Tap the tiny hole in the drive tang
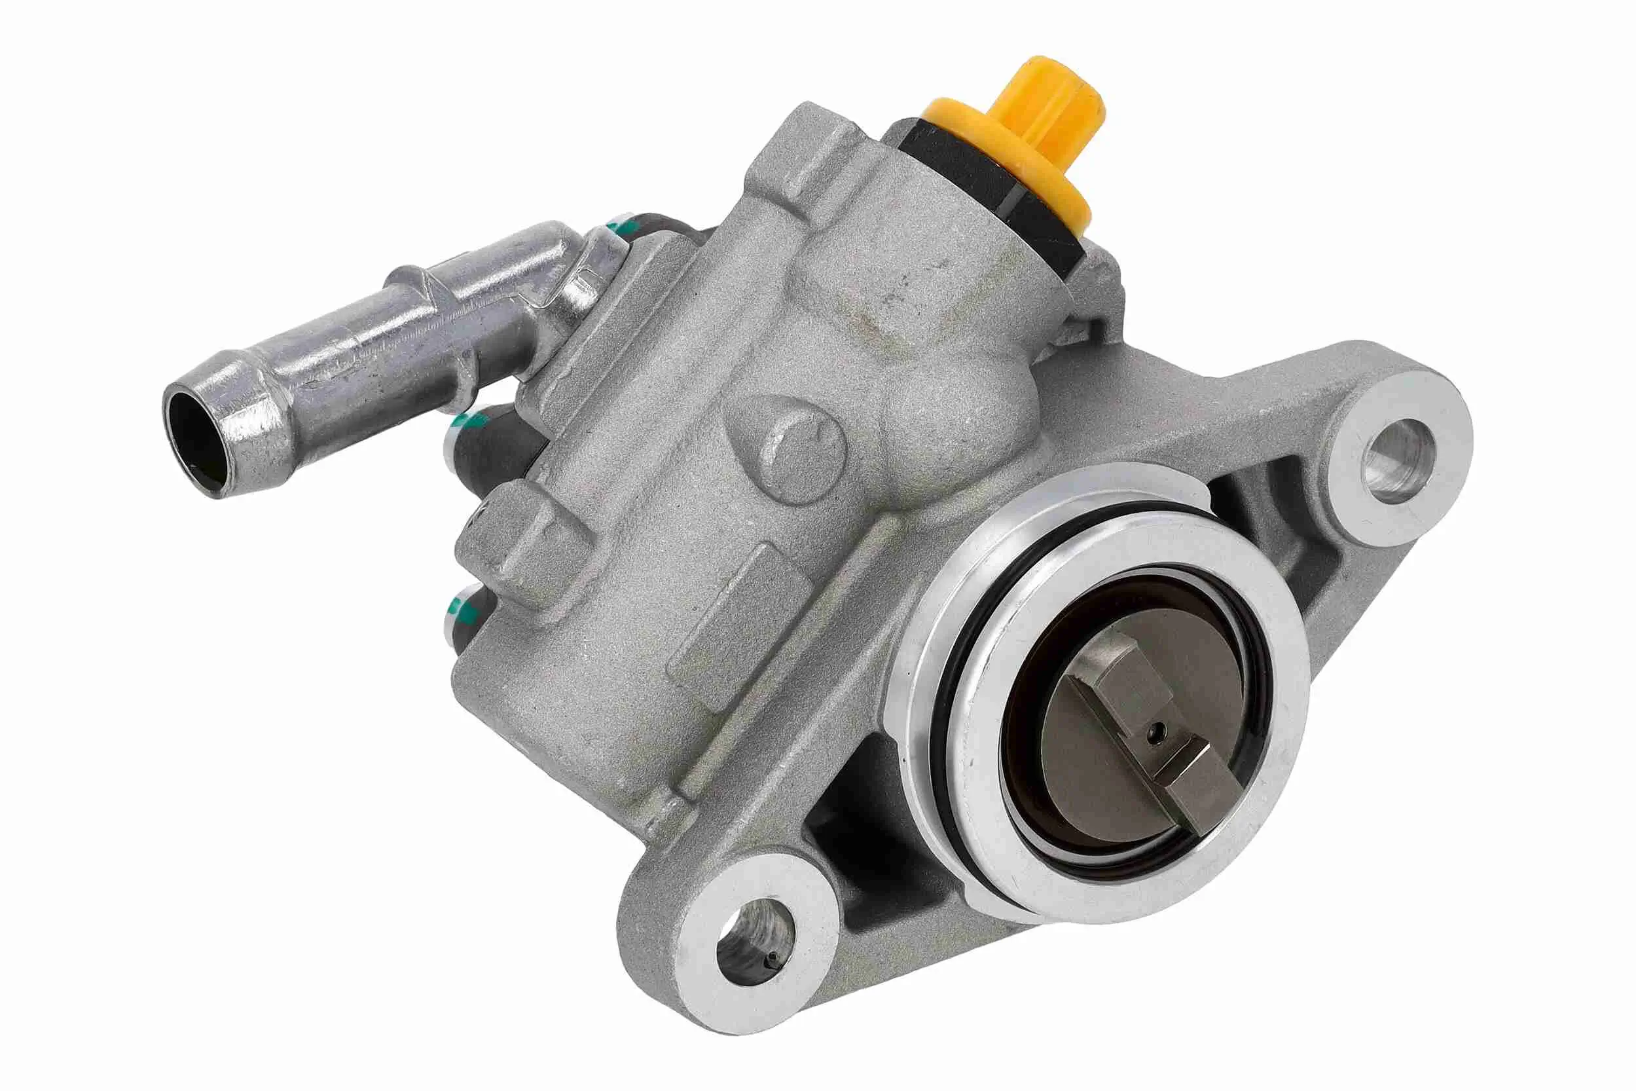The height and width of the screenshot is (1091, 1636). (1155, 731)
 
